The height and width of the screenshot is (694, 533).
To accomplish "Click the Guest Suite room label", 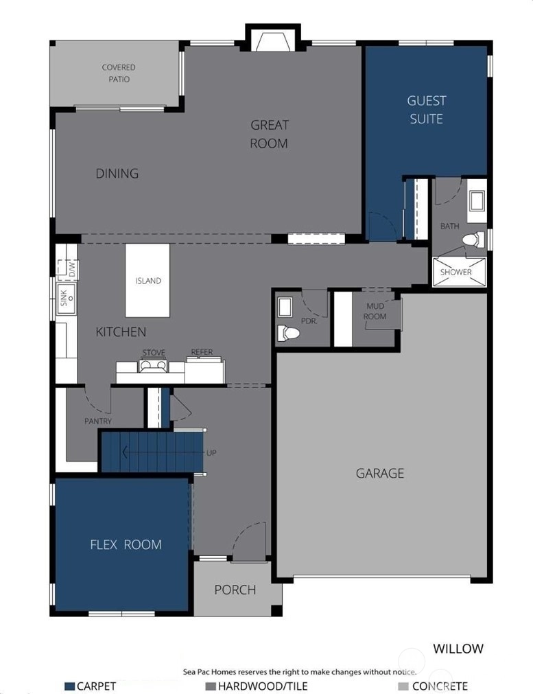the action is pyautogui.click(x=426, y=110).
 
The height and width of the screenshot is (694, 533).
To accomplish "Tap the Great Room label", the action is pyautogui.click(x=269, y=134).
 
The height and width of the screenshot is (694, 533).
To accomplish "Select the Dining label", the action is pyautogui.click(x=117, y=173).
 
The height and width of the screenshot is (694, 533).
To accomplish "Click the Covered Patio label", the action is pyautogui.click(x=119, y=73).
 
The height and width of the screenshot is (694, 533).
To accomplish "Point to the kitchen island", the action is pyautogui.click(x=147, y=280).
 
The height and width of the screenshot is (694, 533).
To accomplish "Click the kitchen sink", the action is pyautogui.click(x=66, y=298).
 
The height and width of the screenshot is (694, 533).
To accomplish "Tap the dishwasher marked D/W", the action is pyautogui.click(x=68, y=269).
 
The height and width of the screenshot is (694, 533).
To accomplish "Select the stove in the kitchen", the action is pyautogui.click(x=153, y=366).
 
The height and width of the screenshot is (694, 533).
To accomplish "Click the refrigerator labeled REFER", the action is pyautogui.click(x=204, y=371).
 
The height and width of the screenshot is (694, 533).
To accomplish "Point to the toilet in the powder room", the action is pyautogui.click(x=287, y=333).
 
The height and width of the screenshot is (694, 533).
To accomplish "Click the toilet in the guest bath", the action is pyautogui.click(x=473, y=240).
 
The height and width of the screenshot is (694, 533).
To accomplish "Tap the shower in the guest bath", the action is pyautogui.click(x=459, y=272).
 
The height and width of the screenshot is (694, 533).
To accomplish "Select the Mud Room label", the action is pyautogui.click(x=375, y=311).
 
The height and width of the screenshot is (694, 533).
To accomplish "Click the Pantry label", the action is pyautogui.click(x=98, y=421).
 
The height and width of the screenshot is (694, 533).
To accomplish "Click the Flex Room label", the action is pyautogui.click(x=126, y=544).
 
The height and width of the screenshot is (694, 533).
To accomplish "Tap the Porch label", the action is pyautogui.click(x=235, y=590).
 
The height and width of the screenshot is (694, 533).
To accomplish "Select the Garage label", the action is pyautogui.click(x=380, y=473).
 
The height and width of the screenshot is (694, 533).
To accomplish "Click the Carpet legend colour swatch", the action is pyautogui.click(x=69, y=686).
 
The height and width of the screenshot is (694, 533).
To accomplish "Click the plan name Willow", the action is pyautogui.click(x=458, y=649).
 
